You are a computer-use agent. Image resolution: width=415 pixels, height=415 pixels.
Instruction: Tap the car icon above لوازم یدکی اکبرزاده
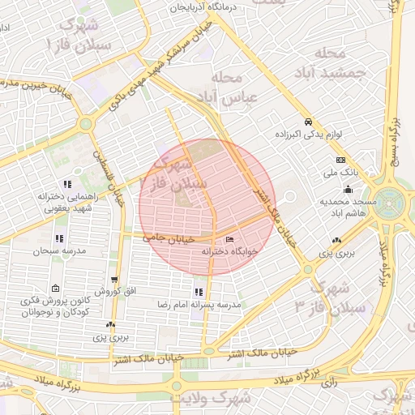click(x=306, y=120)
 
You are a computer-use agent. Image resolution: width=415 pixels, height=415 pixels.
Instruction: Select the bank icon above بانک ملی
click(x=340, y=160)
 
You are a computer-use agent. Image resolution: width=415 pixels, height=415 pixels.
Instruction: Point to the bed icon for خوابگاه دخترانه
click(x=230, y=239)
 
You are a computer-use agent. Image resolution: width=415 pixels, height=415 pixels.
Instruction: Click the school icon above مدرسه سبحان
click(x=59, y=238)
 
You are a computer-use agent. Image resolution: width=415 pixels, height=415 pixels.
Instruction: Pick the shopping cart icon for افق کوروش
click(x=114, y=278)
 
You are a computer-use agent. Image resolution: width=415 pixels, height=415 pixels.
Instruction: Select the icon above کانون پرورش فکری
click(x=54, y=289)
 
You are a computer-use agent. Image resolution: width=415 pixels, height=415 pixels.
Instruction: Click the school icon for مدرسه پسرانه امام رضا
click(x=199, y=292)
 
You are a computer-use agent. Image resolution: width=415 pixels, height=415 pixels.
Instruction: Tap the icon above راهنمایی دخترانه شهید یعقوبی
click(x=67, y=184)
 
